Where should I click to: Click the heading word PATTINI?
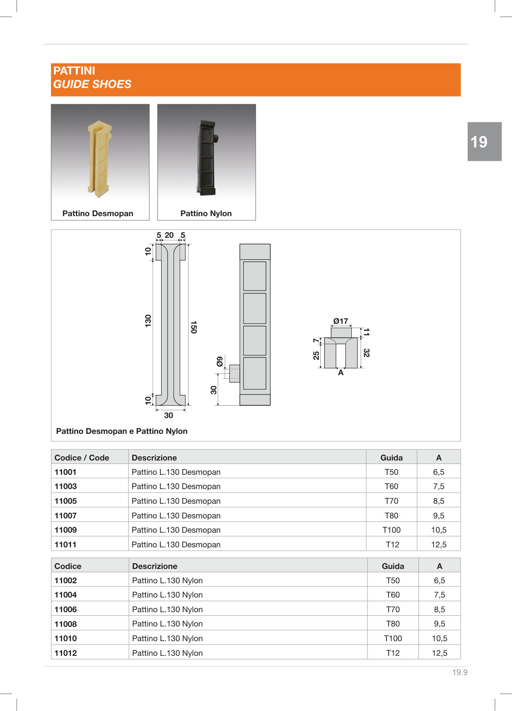click(74, 71)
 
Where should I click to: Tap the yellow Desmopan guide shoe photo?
click(99, 158)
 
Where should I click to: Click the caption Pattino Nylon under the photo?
click(206, 213)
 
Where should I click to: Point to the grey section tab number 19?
click(479, 142)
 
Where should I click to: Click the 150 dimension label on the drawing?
click(194, 327)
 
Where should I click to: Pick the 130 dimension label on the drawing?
click(148, 321)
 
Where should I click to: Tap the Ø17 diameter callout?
click(341, 321)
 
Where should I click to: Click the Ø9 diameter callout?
click(219, 362)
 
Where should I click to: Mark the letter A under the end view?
click(341, 373)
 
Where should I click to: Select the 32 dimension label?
click(366, 352)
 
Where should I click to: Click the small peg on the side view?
click(234, 374)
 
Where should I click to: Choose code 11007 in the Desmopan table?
click(66, 516)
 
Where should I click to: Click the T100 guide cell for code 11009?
click(391, 530)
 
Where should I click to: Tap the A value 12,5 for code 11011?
click(439, 545)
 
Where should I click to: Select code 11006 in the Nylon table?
click(66, 609)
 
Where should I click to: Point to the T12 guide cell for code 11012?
click(393, 653)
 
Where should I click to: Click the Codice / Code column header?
click(82, 458)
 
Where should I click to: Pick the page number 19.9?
click(460, 672)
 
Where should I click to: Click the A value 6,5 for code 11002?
click(440, 581)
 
